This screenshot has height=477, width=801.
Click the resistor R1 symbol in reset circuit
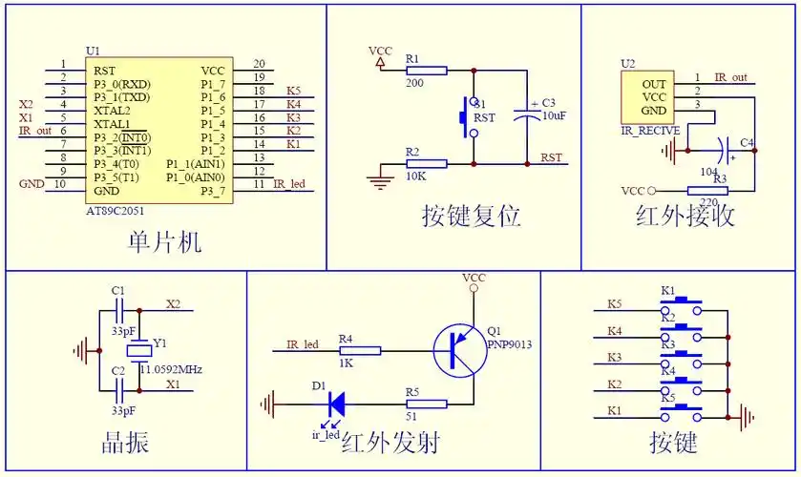point(426,70)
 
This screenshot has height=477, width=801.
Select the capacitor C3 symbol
point(527,112)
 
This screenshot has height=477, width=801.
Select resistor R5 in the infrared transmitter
point(426,404)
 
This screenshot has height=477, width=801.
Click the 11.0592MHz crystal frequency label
point(172,369)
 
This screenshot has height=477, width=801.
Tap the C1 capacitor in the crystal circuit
point(119,309)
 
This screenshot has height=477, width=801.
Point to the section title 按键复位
point(471,217)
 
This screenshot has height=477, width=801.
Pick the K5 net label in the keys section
point(614,305)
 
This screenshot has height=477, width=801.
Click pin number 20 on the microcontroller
point(259,64)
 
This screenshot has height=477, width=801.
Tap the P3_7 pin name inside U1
point(212,191)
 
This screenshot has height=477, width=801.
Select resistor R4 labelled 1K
point(359,350)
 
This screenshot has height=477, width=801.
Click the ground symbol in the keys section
point(748,417)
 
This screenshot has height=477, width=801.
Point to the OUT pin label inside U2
point(654,84)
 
